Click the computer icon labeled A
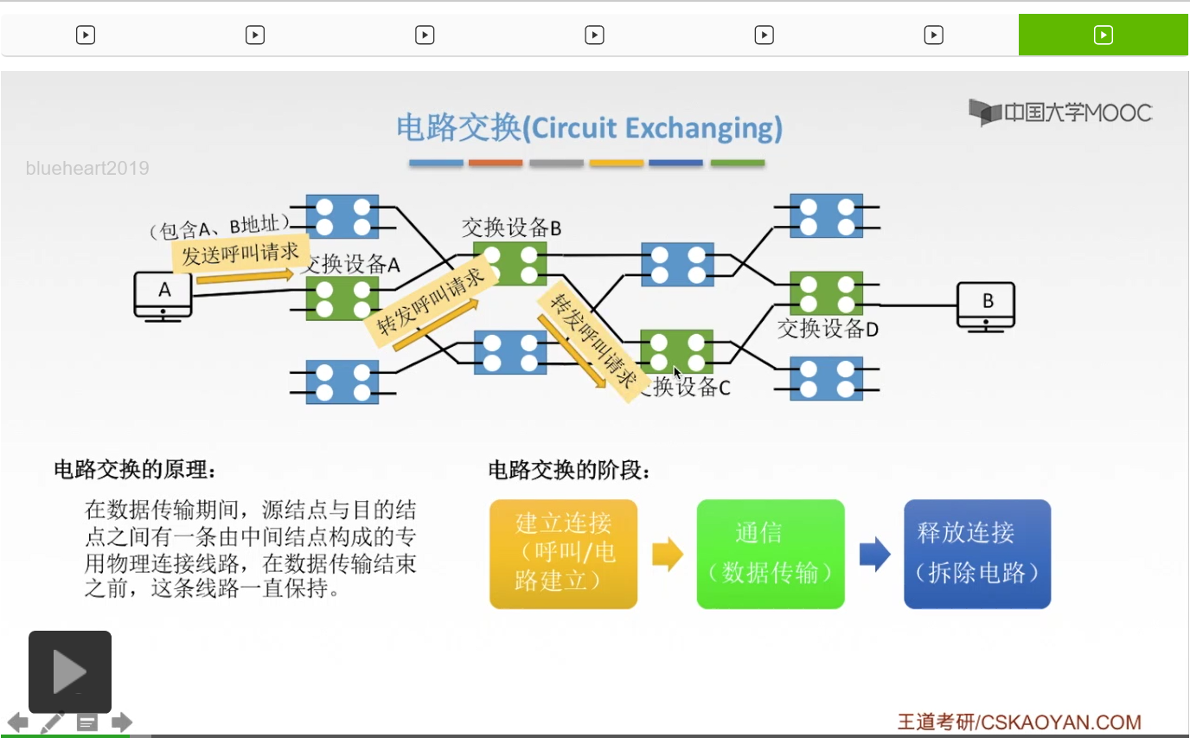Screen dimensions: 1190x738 click(x=163, y=297)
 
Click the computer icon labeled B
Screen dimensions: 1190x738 click(x=986, y=307)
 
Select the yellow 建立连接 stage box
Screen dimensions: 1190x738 click(x=563, y=554)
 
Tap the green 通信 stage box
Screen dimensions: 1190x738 click(x=771, y=554)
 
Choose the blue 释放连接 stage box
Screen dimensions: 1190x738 click(x=977, y=554)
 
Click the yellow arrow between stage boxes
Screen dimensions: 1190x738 click(x=668, y=555)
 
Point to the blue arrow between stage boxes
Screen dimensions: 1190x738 click(x=874, y=555)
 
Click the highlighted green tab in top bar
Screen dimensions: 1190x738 click(x=1103, y=35)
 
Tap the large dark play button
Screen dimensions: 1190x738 click(x=69, y=671)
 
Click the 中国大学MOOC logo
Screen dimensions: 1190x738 click(x=1060, y=112)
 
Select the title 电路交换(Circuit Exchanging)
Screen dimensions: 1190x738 click(x=590, y=127)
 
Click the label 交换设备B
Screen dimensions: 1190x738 click(x=511, y=228)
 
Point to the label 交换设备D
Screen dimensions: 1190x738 click(x=828, y=329)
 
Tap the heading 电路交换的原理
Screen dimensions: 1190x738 click(x=135, y=470)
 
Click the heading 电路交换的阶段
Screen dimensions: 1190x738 click(x=569, y=470)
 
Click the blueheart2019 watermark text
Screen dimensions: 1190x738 click(x=87, y=168)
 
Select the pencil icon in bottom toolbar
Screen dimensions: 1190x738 click(x=52, y=722)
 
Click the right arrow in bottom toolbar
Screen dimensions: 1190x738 click(x=122, y=722)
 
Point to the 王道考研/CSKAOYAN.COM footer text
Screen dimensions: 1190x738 click(x=1020, y=722)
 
